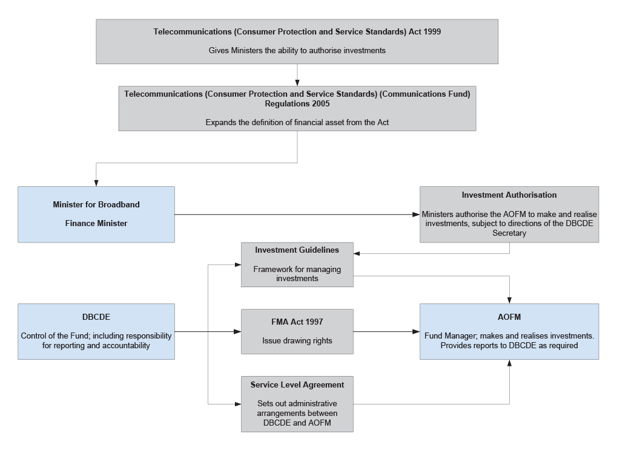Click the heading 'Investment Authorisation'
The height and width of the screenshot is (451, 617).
509,195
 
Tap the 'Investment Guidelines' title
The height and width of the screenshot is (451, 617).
297,250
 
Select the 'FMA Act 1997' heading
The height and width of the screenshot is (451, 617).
297,322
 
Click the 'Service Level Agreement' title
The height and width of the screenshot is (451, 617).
297,384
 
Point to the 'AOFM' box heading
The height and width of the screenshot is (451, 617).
509,317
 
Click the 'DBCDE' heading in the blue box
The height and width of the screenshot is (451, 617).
96,317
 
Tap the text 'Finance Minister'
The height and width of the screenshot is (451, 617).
96,223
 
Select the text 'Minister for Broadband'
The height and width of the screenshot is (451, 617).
96,204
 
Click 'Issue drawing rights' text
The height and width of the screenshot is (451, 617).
297,340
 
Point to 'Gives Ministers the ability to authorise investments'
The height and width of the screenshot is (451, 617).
297,50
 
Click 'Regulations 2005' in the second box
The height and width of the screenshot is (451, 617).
297,104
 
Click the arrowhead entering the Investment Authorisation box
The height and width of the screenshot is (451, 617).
416,215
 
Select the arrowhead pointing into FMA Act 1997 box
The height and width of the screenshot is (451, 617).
237,331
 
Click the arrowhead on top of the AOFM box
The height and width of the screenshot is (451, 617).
509,300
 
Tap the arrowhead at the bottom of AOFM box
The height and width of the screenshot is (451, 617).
509,363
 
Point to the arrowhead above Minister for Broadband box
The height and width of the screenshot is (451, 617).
96,183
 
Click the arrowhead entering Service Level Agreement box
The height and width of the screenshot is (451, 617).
237,404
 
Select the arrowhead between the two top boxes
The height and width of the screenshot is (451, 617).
297,82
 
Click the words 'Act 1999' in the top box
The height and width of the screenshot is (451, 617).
424,31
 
